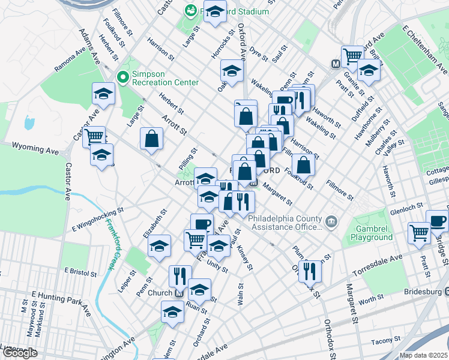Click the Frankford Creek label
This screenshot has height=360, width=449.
coord(110,245)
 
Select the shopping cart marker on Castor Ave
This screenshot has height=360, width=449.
coord(94,137)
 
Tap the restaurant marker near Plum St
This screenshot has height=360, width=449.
coord(310,271)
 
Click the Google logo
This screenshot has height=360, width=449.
coord(19,353)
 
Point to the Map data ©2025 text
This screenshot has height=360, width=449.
coord(424,355)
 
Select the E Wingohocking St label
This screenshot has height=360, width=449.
coord(97,219)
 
